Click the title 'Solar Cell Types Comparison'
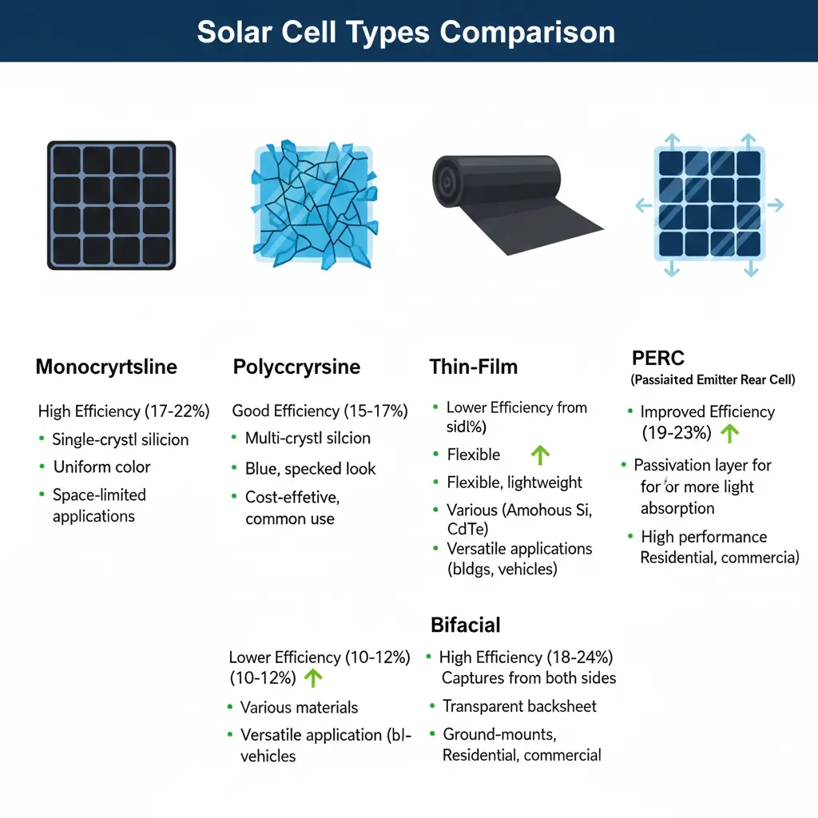[406, 32]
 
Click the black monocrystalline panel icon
[111, 205]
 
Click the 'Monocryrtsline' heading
[106, 367]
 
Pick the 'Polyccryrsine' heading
[296, 367]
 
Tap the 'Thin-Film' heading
[474, 367]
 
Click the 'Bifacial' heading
[466, 625]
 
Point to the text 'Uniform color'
[101, 467]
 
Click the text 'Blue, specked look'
[310, 468]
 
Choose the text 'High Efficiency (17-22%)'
[124, 411]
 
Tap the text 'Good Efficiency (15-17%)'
[320, 411]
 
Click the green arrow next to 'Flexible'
[541, 455]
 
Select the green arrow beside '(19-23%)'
[729, 433]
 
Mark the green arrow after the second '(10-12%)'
[313, 678]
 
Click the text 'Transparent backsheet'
[519, 706]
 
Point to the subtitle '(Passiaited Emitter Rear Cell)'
[713, 380]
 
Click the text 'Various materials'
[299, 708]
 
